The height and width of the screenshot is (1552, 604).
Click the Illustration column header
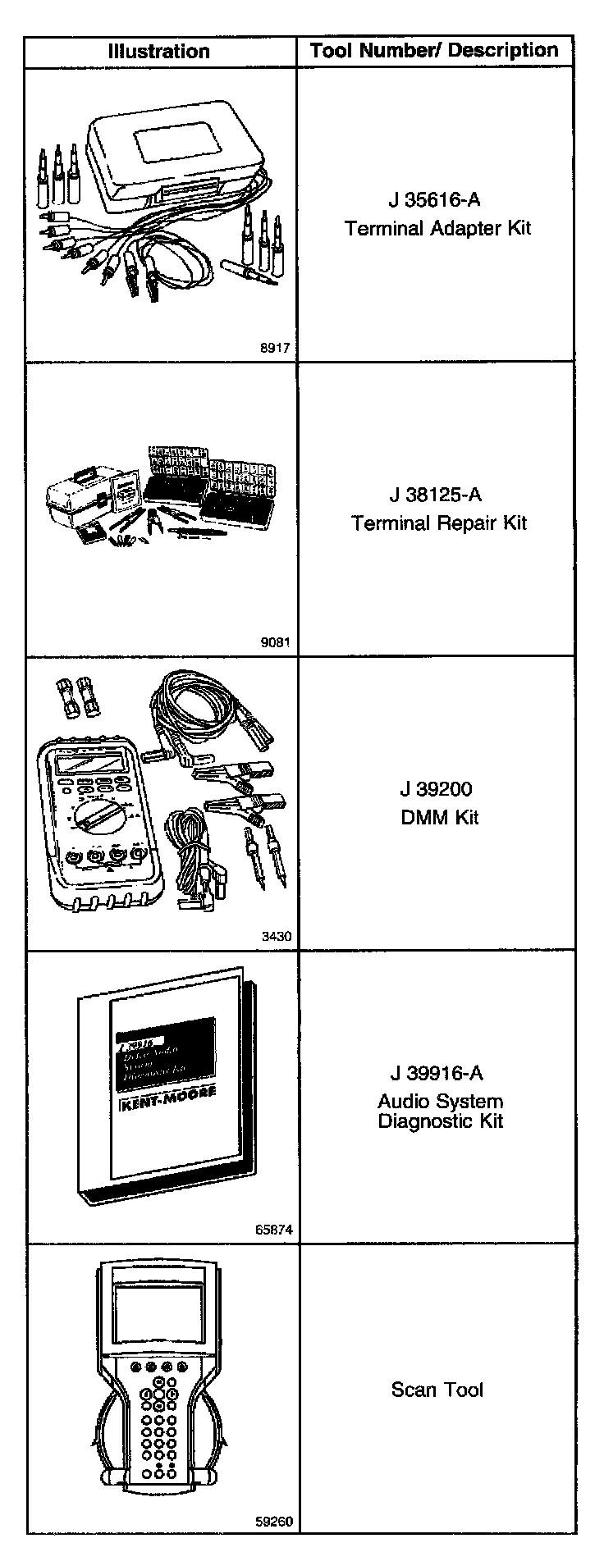(x=159, y=52)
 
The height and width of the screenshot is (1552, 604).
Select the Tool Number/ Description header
(x=434, y=51)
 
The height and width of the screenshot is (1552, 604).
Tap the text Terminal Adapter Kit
(x=437, y=228)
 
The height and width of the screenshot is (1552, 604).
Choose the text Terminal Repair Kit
(x=439, y=523)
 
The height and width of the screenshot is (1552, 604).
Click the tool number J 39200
(x=436, y=789)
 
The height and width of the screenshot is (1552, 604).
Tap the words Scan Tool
(x=437, y=1390)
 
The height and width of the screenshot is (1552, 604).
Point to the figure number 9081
(x=275, y=642)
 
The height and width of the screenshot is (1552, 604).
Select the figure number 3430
(x=275, y=936)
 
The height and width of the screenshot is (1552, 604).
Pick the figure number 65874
(x=272, y=1230)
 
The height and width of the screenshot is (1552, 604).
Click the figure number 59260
(x=272, y=1522)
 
